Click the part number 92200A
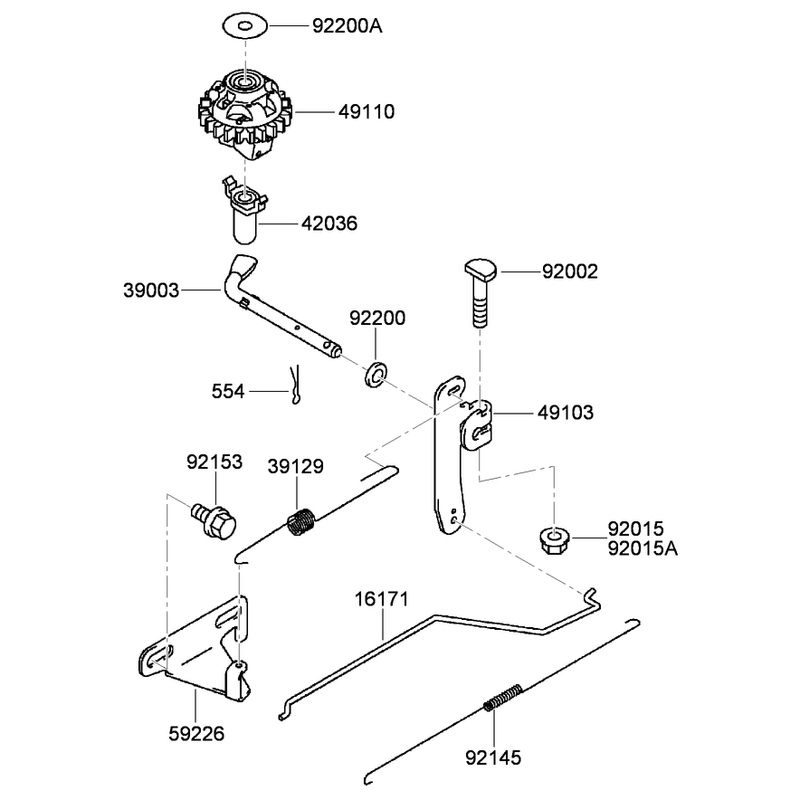pos(347,26)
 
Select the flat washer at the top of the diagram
pos(245,26)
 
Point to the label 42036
pos(329,223)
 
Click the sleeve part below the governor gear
pos(244,210)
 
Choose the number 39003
pos(151,290)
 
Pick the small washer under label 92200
pos(376,374)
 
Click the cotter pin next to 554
pos(295,384)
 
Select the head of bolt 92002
pos(481,269)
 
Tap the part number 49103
pos(565,412)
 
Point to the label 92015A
pos(643,548)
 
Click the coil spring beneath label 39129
pos(302,522)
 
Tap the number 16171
pos(382,599)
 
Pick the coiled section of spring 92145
pos(504,697)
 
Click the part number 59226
pos(196,734)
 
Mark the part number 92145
pos(493,758)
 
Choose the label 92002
pos(570,271)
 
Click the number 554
pos(228,391)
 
